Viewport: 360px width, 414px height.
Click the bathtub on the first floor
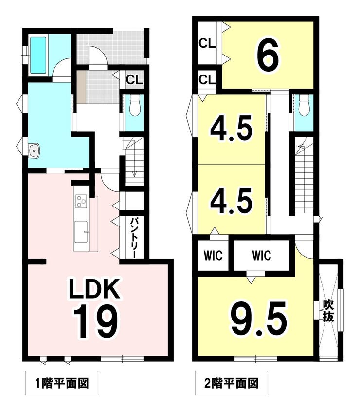click(x=38, y=55)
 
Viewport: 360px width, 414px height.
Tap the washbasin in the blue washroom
click(x=34, y=151)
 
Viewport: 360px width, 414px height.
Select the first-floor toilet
click(x=135, y=105)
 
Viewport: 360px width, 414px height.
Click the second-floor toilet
click(x=304, y=105)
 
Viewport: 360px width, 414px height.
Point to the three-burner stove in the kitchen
click(x=81, y=201)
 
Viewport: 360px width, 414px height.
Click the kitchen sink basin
click(x=81, y=231)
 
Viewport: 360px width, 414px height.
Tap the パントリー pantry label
click(x=134, y=237)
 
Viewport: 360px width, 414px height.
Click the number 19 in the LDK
click(x=96, y=321)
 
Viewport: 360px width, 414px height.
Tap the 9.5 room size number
click(x=259, y=319)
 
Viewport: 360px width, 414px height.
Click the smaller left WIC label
click(x=213, y=255)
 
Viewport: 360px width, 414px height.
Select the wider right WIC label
click(x=261, y=255)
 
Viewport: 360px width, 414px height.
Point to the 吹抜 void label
click(x=328, y=311)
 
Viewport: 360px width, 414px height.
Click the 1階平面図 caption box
click(x=61, y=383)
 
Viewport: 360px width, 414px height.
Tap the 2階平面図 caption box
click(x=231, y=383)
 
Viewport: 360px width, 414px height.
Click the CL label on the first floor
click(x=134, y=79)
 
